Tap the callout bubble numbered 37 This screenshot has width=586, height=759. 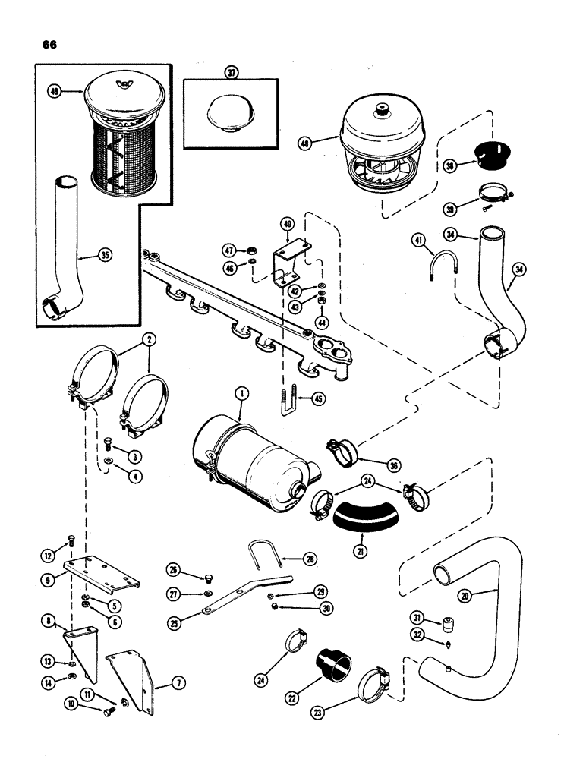coord(232,73)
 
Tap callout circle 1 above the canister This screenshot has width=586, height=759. coord(241,393)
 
